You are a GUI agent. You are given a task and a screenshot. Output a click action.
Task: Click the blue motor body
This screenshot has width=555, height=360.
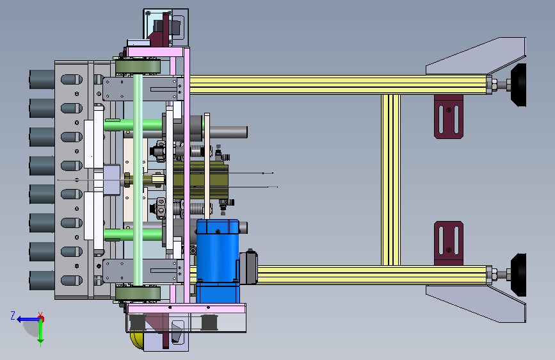(x=218, y=261)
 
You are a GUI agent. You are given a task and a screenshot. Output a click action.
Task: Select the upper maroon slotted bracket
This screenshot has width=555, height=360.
(x=449, y=117)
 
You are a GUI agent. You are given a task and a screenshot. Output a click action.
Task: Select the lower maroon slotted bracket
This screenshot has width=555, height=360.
(x=449, y=243)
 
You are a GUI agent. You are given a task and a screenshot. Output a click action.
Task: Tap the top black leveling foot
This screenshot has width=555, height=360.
(x=519, y=85)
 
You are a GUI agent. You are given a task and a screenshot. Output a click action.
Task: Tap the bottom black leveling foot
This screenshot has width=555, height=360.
(x=519, y=275)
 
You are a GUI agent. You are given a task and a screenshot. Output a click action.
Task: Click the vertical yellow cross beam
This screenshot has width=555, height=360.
(x=390, y=179)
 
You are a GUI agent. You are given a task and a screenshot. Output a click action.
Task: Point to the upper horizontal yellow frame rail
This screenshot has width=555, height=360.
(x=338, y=85)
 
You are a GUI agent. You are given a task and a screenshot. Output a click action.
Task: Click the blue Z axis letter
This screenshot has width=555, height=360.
(x=13, y=315)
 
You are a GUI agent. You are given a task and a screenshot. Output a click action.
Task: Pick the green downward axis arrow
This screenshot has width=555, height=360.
(x=41, y=332)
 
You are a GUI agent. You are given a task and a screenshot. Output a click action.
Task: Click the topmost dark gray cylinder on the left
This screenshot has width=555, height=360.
(x=42, y=79)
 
